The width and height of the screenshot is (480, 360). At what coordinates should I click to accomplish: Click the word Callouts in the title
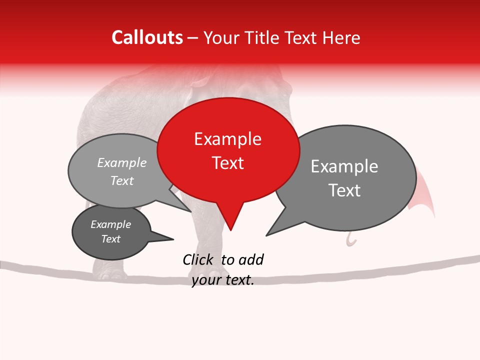(x=147, y=37)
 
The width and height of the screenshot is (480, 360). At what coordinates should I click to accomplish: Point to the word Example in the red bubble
(x=227, y=139)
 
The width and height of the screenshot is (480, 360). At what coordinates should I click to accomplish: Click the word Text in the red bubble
(x=228, y=163)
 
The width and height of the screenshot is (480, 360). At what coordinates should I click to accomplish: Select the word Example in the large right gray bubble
(x=344, y=166)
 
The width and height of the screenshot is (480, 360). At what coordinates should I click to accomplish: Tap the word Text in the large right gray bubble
(x=344, y=190)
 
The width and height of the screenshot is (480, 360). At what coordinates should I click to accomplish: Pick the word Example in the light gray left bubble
(x=122, y=163)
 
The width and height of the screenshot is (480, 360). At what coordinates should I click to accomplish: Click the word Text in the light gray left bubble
(x=122, y=181)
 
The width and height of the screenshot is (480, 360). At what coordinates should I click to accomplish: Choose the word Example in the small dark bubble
(x=111, y=224)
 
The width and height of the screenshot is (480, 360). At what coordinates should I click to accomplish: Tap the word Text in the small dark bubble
(x=111, y=239)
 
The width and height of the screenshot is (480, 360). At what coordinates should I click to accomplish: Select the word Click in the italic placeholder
(x=198, y=259)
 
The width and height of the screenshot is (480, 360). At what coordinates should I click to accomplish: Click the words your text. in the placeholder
(x=223, y=280)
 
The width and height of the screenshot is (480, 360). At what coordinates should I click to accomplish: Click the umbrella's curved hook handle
(x=352, y=241)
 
